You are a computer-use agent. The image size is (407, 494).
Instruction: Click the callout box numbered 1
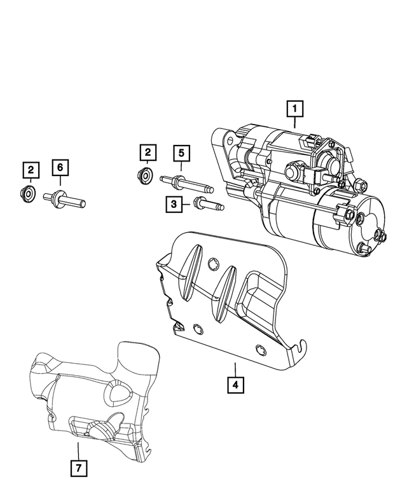[294, 110]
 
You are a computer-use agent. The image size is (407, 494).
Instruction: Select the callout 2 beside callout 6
[30, 170]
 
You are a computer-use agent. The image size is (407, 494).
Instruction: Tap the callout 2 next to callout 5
[148, 153]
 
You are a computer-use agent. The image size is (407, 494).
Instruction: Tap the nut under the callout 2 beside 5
[146, 175]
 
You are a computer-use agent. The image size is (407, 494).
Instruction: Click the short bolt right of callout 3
[207, 205]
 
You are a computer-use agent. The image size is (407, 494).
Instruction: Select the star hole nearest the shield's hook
[259, 348]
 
